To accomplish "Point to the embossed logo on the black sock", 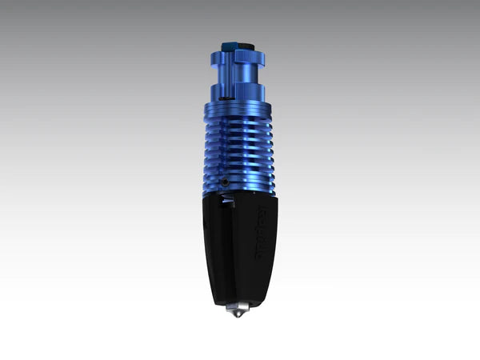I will point(268,232).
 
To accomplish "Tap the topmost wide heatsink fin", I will point(240,106).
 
